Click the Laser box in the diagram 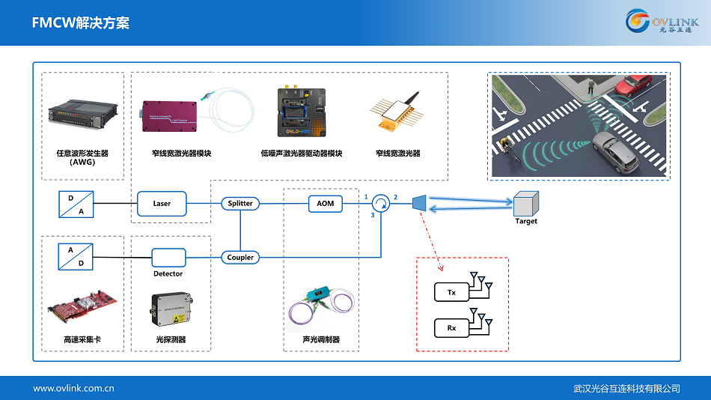(162, 203)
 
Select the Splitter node (240, 203)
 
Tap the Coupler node (240, 257)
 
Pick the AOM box (326, 203)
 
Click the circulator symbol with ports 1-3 (381, 203)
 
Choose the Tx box (451, 292)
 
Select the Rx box (451, 327)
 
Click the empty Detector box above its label (168, 258)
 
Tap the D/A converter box (76, 204)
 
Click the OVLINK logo (662, 22)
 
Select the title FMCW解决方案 (81, 23)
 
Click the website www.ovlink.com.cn (73, 388)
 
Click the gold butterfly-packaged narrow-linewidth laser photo (397, 112)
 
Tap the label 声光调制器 (322, 339)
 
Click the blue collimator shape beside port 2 (419, 203)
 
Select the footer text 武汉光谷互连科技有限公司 (626, 388)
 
